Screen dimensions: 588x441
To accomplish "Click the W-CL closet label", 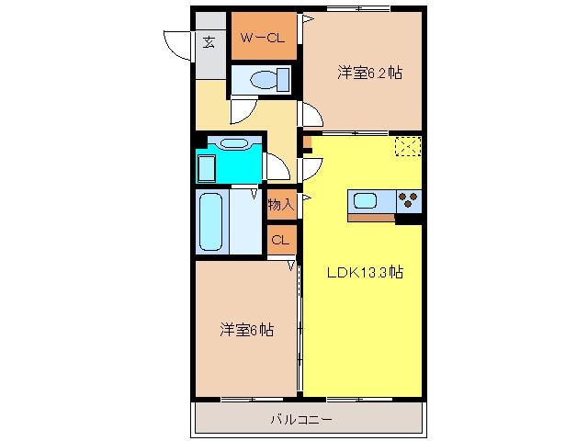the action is [x=263, y=38].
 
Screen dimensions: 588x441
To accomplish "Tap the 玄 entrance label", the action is [x=209, y=42].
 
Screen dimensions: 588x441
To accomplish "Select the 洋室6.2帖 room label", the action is [x=369, y=73].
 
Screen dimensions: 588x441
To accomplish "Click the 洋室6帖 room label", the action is [x=247, y=330].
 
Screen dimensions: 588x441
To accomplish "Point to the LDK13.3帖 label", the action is [x=366, y=272].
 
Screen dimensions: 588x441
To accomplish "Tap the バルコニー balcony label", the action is [x=301, y=419].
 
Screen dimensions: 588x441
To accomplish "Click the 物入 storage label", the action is [x=281, y=205].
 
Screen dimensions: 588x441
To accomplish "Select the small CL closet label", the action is [x=280, y=240].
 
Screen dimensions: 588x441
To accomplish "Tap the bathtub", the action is [x=211, y=222].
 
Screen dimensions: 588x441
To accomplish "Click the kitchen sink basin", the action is [x=365, y=201].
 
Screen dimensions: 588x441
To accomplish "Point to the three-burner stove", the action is [x=408, y=201].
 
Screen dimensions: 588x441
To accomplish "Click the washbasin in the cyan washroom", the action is [x=234, y=143].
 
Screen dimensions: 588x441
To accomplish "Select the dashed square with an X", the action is [x=408, y=146].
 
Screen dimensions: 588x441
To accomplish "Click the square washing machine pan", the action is [x=207, y=168].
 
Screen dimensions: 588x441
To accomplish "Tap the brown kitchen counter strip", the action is [x=371, y=218].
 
